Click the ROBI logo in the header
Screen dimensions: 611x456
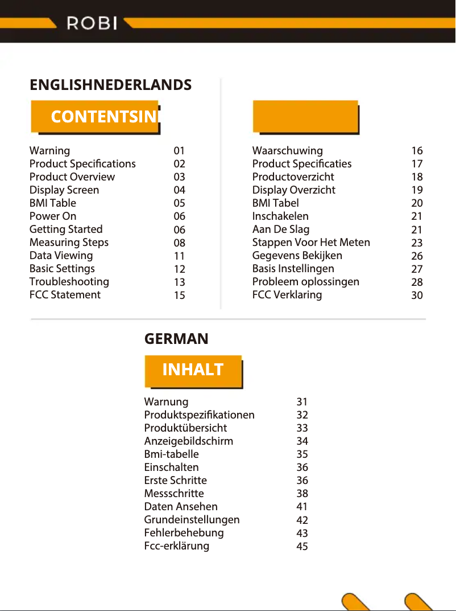point(92,23)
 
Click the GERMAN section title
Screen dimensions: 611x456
point(176,339)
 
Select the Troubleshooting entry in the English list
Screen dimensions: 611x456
point(69,282)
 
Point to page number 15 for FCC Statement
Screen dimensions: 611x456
point(180,296)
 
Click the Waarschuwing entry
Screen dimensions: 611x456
point(287,151)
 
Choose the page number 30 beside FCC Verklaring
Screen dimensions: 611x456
point(417,296)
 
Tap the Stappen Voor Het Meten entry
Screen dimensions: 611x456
point(311,243)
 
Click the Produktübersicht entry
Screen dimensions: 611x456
point(185,428)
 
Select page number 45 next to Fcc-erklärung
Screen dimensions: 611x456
point(302,547)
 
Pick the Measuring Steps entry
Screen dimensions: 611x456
point(69,243)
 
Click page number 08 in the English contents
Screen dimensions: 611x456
point(180,243)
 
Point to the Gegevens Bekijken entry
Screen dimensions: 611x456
point(297,256)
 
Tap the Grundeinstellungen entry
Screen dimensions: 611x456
point(192,520)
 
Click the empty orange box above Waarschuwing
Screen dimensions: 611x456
point(305,117)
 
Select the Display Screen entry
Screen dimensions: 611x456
point(64,190)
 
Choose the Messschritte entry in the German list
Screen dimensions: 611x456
point(174,494)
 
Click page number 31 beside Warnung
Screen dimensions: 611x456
point(302,403)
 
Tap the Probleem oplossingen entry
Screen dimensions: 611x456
point(306,282)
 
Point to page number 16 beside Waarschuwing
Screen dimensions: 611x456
point(417,151)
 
